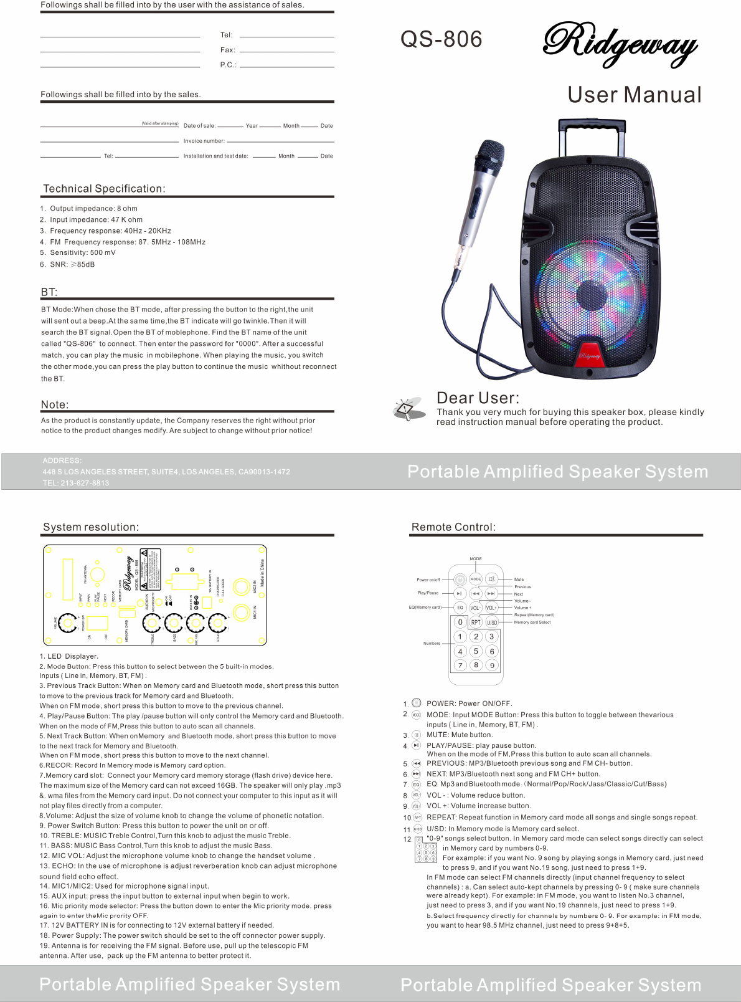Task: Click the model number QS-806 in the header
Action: point(441,39)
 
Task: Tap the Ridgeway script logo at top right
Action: point(620,44)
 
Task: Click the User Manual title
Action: point(634,95)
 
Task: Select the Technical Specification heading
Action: point(104,189)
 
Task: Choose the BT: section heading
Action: point(49,292)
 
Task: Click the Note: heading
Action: point(55,404)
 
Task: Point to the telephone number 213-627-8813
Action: point(85,483)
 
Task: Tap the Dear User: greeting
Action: point(478,398)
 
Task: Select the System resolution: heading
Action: point(91,527)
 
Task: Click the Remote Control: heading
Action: point(453,527)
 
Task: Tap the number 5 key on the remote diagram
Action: point(476,651)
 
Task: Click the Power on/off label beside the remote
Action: point(428,580)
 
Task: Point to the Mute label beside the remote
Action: point(519,580)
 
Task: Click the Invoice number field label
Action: point(204,141)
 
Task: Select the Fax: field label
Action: point(227,50)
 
